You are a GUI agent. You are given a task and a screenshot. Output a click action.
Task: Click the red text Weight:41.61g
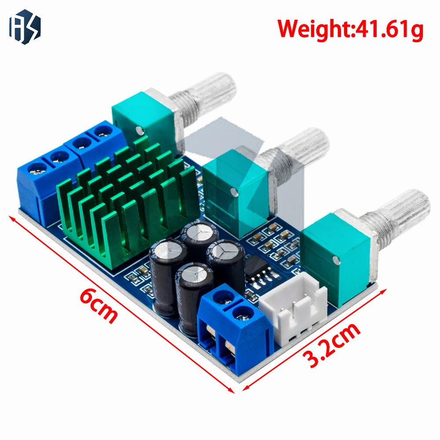[350, 29]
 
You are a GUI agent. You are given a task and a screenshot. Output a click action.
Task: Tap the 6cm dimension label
[98, 306]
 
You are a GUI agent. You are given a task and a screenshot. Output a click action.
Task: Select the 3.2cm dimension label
[332, 345]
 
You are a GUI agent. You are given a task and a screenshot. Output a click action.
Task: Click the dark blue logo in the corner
[25, 27]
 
